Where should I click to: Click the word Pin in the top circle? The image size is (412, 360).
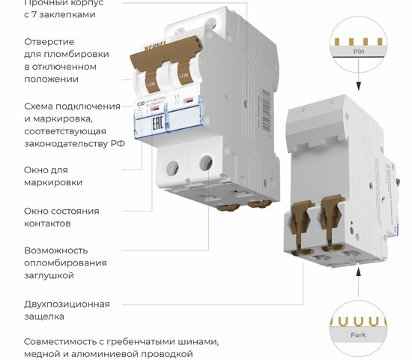pyautogui.click(x=359, y=52)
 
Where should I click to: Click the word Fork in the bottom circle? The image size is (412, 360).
pyautogui.click(x=359, y=335)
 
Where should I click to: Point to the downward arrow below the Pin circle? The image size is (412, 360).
pyautogui.click(x=359, y=86)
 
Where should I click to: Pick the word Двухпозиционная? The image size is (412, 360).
pyautogui.click(x=67, y=304)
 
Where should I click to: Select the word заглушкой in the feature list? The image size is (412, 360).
pyautogui.click(x=49, y=275)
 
